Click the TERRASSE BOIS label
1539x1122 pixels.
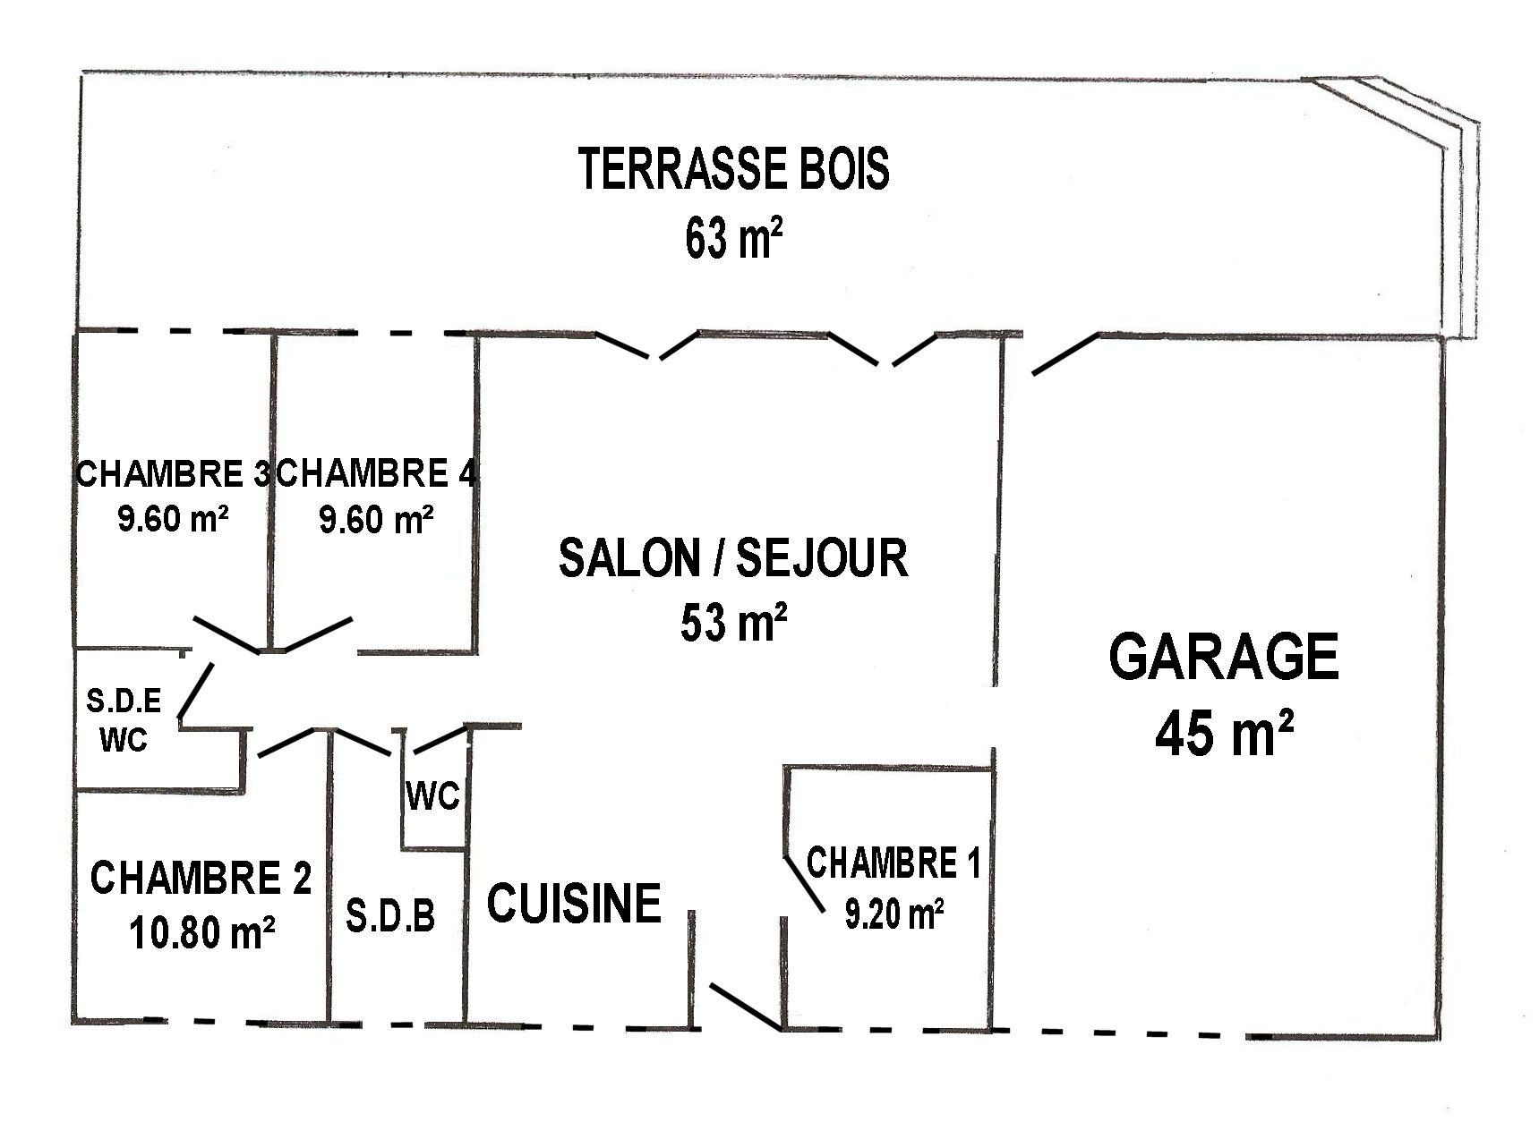point(734,170)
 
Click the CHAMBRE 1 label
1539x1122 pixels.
point(893,863)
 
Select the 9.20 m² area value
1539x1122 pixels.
point(894,914)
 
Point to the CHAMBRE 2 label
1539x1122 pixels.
point(201,878)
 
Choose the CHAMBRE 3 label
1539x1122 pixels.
point(173,473)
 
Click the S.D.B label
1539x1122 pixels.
point(390,916)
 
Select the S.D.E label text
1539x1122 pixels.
point(124,701)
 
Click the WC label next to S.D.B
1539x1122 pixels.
point(433,795)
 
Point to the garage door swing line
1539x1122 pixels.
point(1065,353)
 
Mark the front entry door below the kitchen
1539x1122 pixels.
point(744,1006)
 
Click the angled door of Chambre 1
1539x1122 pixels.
point(804,885)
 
